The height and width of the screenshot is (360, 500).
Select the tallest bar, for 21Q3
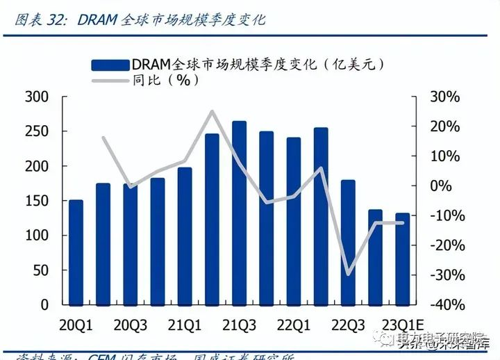click(x=239, y=213)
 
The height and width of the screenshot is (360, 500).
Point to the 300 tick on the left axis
click(x=37, y=97)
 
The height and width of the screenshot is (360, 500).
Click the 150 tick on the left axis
click(x=37, y=201)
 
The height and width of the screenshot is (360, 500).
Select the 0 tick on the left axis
click(x=44, y=304)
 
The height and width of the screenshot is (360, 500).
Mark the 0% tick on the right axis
click(x=441, y=186)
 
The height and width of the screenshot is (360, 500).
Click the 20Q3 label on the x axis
click(x=130, y=325)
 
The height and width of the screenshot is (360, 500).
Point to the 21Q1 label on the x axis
click(x=185, y=325)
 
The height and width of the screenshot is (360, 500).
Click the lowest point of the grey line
click(x=348, y=274)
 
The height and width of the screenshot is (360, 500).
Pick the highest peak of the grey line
click(x=212, y=111)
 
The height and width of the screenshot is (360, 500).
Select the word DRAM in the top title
click(x=98, y=19)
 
